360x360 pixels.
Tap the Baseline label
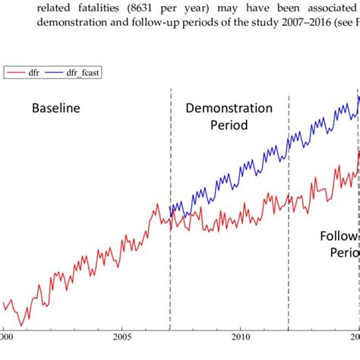pyautogui.click(x=55, y=109)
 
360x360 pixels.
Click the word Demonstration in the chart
pyautogui.click(x=229, y=109)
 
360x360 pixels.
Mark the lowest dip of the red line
pyautogui.click(x=21, y=325)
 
